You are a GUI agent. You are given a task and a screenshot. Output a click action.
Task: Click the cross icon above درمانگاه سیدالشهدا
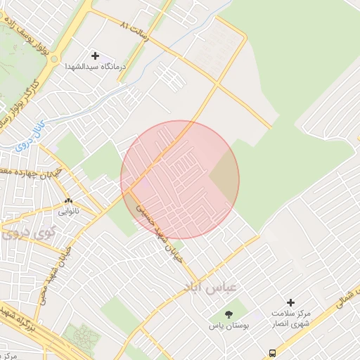(x=96, y=56)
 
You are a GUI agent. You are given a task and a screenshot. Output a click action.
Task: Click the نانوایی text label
(x=68, y=210)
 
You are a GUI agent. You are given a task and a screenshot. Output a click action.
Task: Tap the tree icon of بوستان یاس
(x=229, y=314)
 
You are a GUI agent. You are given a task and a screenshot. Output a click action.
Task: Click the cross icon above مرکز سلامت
(x=290, y=302)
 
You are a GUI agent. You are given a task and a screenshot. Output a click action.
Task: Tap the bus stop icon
(x=272, y=353)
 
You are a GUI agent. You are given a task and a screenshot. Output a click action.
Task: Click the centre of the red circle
(x=180, y=180)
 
